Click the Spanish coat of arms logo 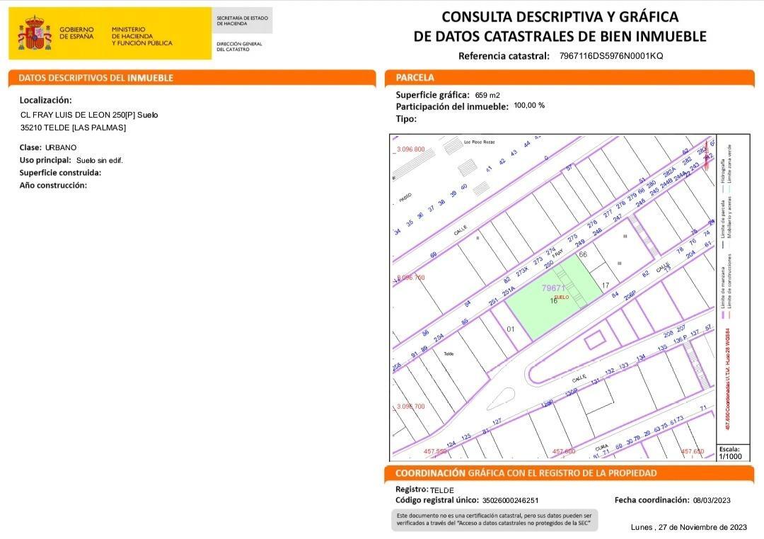(34, 33)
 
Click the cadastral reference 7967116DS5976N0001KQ (611, 56)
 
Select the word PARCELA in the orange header (415, 78)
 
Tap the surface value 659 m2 (487, 95)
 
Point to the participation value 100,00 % (529, 106)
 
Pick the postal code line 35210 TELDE (74, 127)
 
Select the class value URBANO (61, 147)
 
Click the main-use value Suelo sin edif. (100, 161)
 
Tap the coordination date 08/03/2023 (712, 501)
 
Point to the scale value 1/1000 (731, 457)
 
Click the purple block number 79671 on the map (553, 288)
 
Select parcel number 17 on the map (606, 285)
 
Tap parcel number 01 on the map (511, 329)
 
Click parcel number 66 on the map (583, 254)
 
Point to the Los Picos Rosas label (479, 142)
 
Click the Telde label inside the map (448, 353)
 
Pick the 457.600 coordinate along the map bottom (564, 451)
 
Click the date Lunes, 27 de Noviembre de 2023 (688, 527)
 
